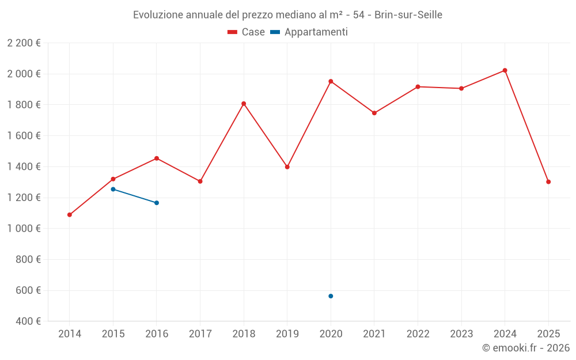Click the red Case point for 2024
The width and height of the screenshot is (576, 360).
point(505,70)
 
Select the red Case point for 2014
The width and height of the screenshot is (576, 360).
point(70,215)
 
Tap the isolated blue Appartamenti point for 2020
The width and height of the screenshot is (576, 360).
point(331,296)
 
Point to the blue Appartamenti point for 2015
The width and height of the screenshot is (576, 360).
point(113,189)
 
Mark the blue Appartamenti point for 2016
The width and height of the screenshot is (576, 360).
point(157,203)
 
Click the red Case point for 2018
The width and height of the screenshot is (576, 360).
point(244,104)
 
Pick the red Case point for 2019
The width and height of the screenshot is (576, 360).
point(287,167)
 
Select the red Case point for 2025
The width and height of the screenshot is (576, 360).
point(548,182)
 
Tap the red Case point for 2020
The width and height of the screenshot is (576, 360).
point(331,81)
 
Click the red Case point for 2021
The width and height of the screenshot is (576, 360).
point(374,113)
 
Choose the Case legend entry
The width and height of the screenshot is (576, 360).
point(247,32)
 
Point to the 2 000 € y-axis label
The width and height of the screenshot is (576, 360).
point(24,74)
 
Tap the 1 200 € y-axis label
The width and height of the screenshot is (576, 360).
point(24,198)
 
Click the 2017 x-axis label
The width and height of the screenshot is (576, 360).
point(200,334)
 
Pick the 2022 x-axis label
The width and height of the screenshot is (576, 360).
point(418,334)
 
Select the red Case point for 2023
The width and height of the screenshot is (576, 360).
point(461,89)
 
